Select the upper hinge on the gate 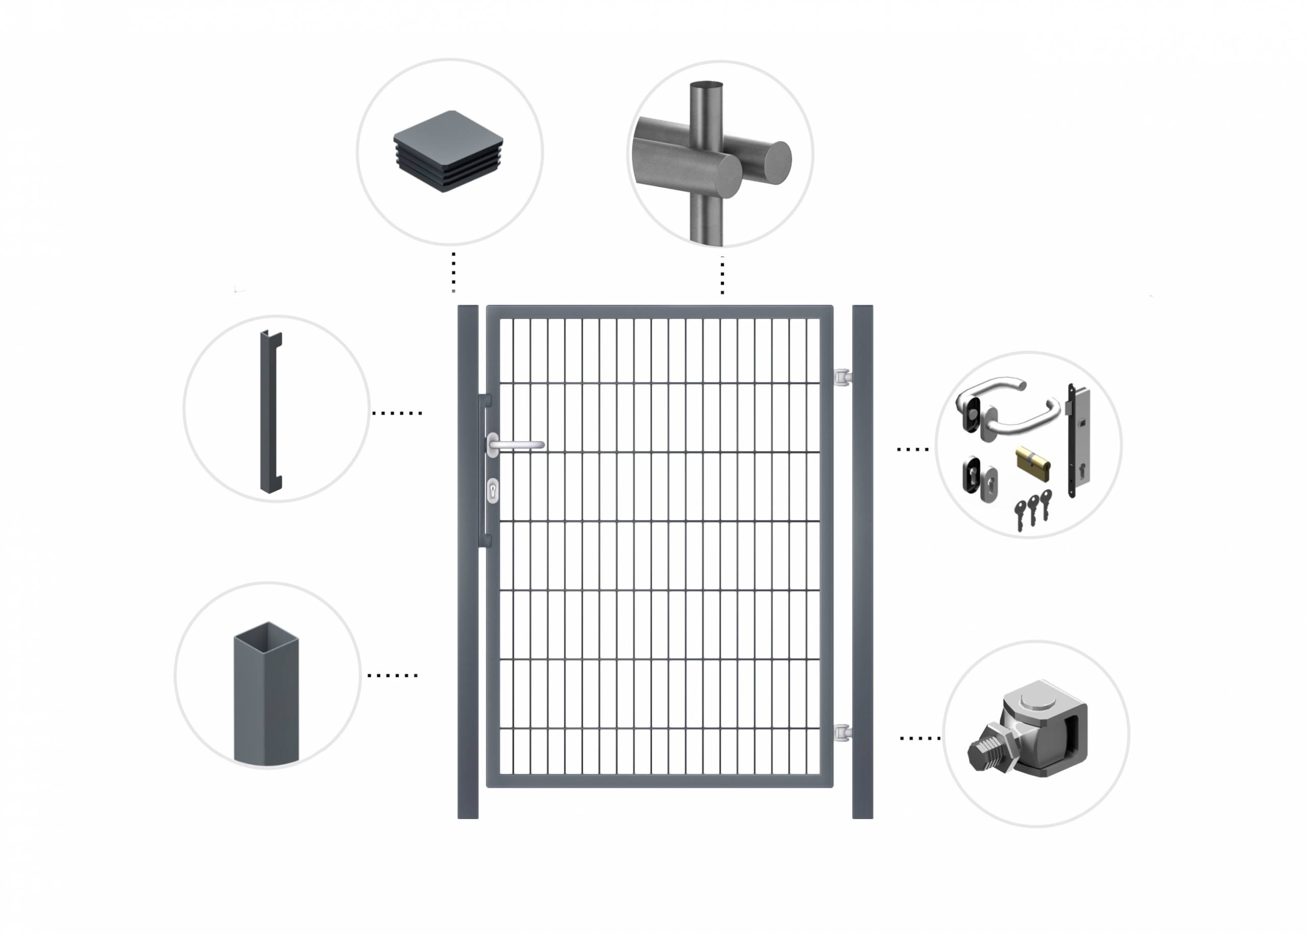(843, 377)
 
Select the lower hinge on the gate (843, 732)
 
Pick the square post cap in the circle (448, 151)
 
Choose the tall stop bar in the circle (270, 412)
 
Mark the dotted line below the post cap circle (453, 272)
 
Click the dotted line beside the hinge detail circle (919, 738)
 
